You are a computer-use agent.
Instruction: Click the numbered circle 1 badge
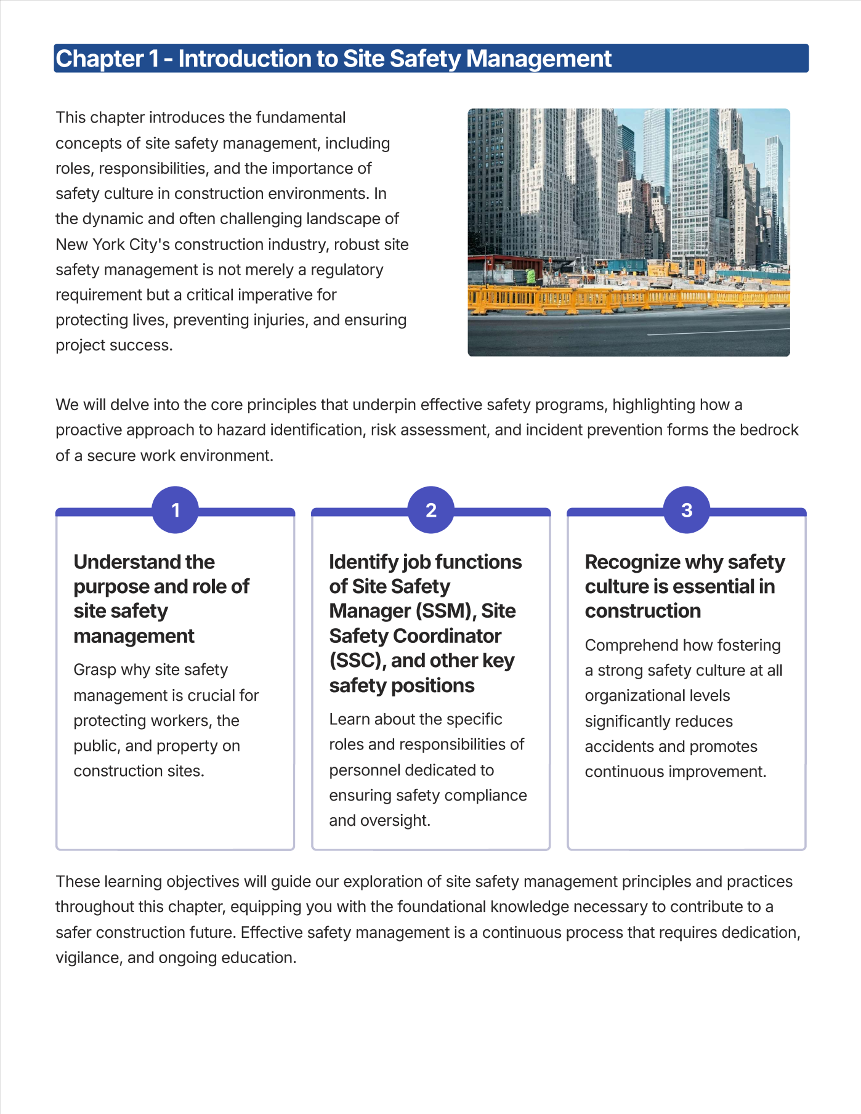(175, 510)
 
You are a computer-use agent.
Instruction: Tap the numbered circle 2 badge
(430, 510)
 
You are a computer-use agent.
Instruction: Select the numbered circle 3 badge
(686, 510)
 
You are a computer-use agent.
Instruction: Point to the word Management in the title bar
(538, 59)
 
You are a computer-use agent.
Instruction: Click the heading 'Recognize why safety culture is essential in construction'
(684, 586)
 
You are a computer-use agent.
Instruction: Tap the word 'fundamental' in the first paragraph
(301, 118)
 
